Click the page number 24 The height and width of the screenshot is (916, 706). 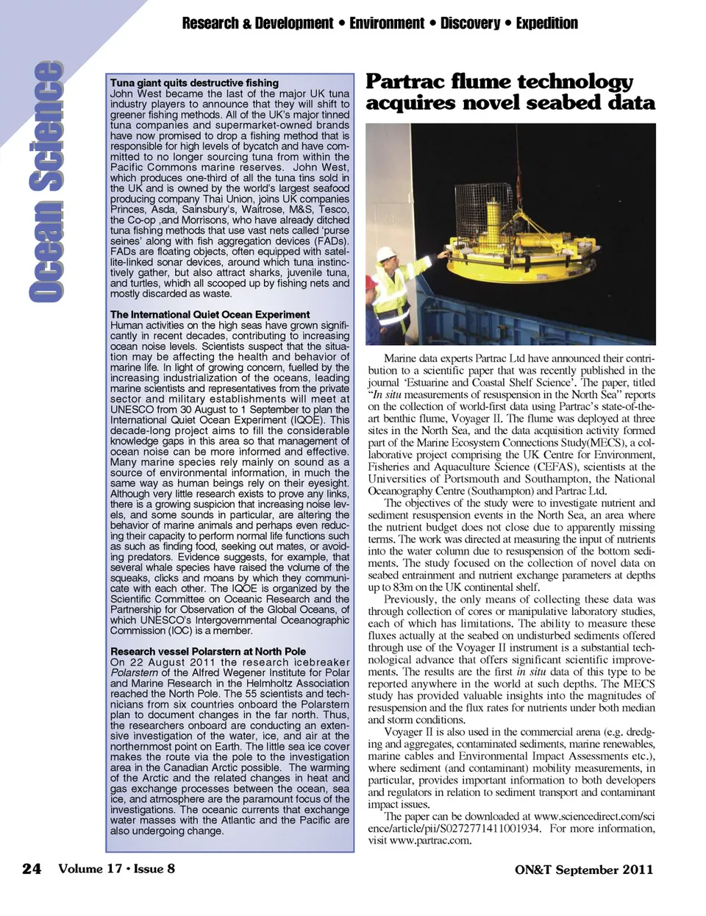click(32, 869)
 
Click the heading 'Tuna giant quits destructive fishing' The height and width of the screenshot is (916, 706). click(194, 83)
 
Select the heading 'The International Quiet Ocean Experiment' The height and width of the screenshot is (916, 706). click(210, 314)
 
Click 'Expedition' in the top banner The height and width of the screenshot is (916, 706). click(546, 24)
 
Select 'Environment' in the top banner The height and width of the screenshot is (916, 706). click(386, 24)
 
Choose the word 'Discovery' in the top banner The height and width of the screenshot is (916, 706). click(470, 24)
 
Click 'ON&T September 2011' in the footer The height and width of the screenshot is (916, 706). click(583, 870)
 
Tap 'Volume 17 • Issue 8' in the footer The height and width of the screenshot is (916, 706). click(116, 869)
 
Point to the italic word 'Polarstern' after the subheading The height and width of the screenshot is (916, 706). click(134, 672)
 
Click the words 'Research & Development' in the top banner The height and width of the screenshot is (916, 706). click(257, 24)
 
